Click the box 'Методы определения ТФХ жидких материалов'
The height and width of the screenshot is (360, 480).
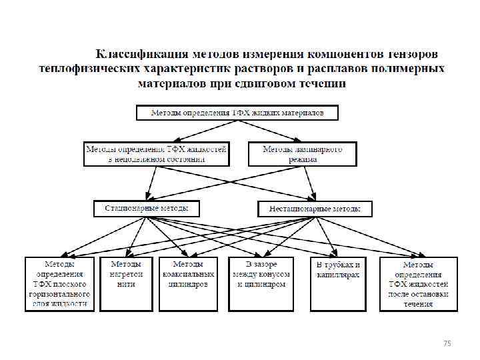pos(237,113)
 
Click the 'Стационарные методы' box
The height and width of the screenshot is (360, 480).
pos(146,209)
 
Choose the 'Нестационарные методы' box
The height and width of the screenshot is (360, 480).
pos(315,209)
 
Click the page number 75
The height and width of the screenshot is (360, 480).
pos(447,343)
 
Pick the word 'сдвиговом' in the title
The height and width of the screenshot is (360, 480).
pos(260,83)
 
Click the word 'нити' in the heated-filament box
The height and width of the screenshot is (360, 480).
pos(126,283)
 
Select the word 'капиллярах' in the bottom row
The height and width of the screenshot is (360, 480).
pos(338,275)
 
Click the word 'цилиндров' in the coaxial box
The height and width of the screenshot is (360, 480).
pos(189,283)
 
